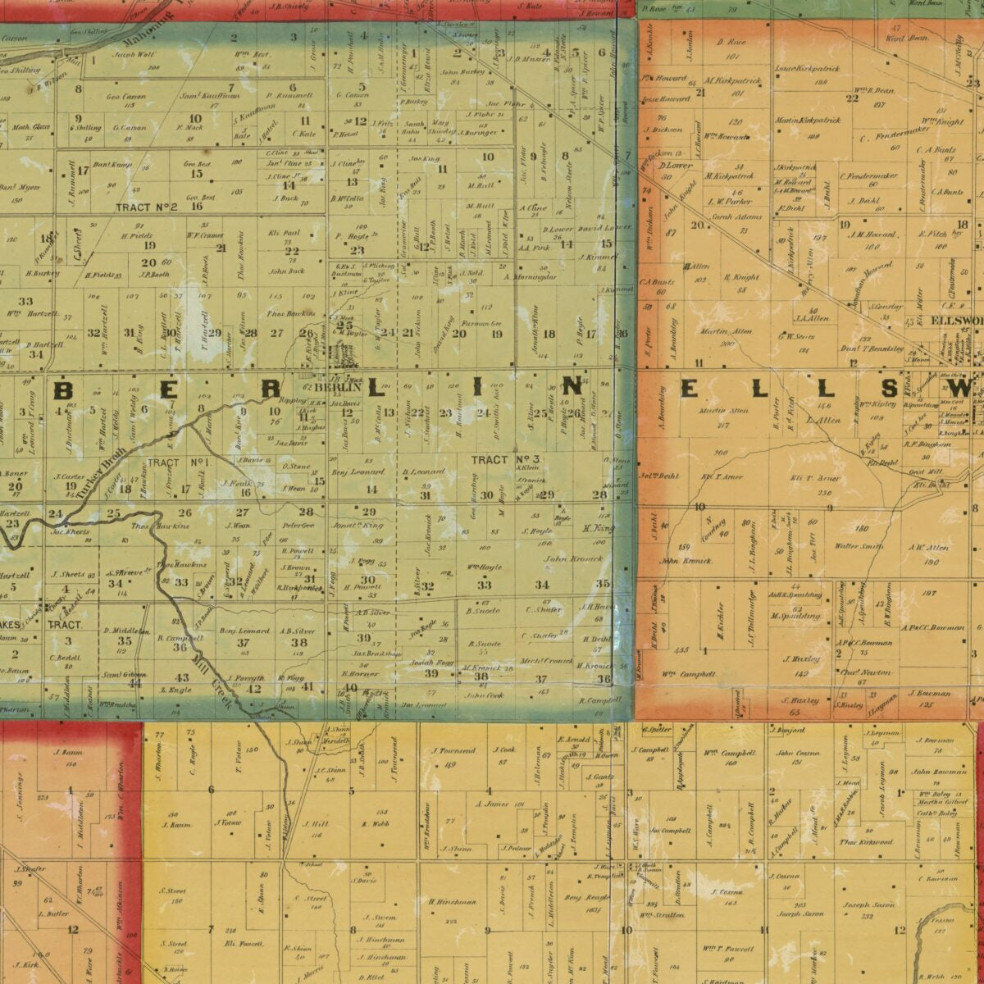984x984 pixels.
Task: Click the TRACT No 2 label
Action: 147,207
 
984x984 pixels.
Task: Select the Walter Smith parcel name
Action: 859,546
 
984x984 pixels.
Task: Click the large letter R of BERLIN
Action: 273,390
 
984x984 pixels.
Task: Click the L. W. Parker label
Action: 729,200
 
